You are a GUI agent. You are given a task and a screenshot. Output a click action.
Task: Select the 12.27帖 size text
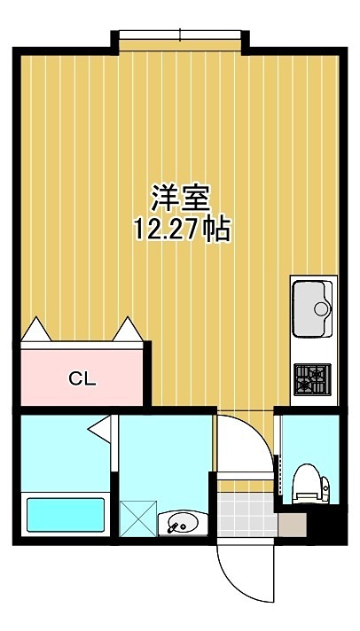[183, 230]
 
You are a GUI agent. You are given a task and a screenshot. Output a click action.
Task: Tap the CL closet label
[82, 379]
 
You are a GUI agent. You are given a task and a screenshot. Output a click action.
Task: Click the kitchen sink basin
[312, 308]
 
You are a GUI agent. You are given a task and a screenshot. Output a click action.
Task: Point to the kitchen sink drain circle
[323, 309]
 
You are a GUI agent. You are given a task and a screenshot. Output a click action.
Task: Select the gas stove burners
[312, 378]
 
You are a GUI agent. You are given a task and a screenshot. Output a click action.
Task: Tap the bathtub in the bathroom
[66, 514]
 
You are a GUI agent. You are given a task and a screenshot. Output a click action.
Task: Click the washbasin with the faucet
[183, 523]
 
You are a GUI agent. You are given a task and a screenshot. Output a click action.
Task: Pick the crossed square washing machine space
[137, 517]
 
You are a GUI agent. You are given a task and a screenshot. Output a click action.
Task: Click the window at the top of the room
[180, 35]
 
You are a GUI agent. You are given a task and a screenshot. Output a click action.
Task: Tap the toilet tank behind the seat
[325, 486]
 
